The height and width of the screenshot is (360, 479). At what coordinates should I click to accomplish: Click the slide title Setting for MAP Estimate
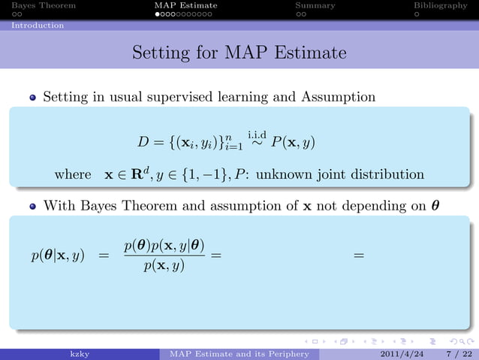click(239, 53)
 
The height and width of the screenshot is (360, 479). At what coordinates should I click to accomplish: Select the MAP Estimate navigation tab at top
click(185, 5)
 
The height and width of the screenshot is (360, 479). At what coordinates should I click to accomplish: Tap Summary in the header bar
click(315, 5)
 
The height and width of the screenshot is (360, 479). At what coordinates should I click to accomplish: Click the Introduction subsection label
click(37, 25)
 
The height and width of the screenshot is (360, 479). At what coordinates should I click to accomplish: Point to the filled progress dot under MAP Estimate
click(158, 14)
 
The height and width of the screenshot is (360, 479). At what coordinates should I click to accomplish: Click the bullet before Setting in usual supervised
click(33, 98)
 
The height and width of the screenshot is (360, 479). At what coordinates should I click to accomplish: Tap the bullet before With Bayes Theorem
click(33, 205)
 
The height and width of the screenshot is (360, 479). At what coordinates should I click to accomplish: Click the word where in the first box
click(73, 174)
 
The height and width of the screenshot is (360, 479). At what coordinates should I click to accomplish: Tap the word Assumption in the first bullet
click(341, 97)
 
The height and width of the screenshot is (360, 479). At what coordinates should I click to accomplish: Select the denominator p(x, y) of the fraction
click(164, 267)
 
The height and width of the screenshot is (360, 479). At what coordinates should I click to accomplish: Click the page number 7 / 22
click(454, 354)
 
